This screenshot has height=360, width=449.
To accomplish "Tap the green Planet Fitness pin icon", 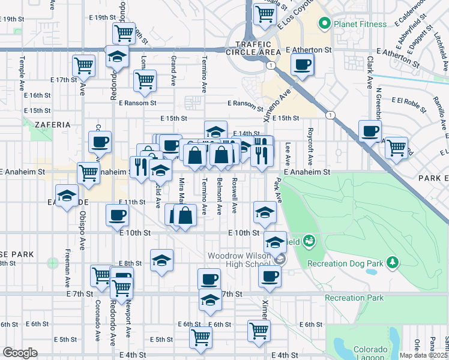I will pos(325,24).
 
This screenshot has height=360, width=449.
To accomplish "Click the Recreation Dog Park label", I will pos(345,263).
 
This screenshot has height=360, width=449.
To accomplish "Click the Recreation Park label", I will pos(354,298).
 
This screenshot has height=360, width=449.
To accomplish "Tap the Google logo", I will pos(20,353).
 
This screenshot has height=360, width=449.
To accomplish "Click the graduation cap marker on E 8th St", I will pos(161,260).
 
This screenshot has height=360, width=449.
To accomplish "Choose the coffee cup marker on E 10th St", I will pos(117,215).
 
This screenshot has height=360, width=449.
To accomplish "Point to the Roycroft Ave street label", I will pos(310,152).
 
